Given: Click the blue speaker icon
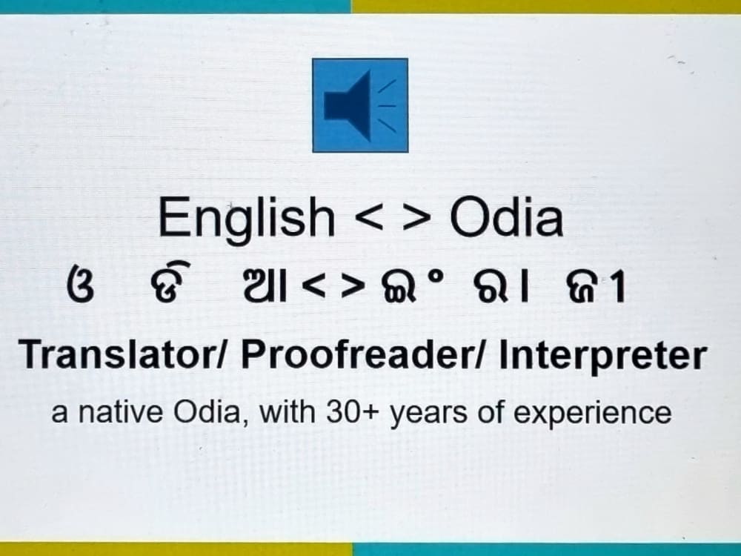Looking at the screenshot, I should tap(360, 105).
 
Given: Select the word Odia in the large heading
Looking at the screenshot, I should tap(507, 217).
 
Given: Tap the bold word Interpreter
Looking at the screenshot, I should tap(602, 357).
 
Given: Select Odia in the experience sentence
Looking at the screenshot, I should tap(212, 412).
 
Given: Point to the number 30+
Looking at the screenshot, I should tap(354, 412).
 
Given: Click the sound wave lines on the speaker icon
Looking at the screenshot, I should tap(388, 105).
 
